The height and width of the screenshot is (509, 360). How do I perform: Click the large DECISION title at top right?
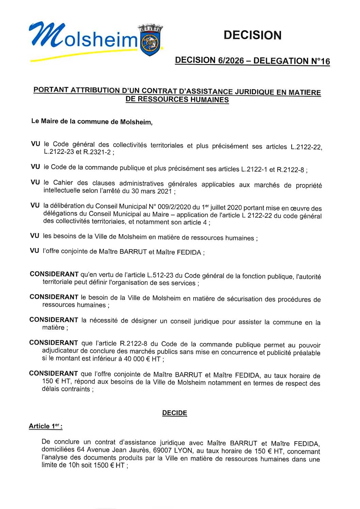point(252,35)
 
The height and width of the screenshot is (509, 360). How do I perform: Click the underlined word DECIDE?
point(175,413)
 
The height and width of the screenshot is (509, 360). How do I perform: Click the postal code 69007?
point(162,450)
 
